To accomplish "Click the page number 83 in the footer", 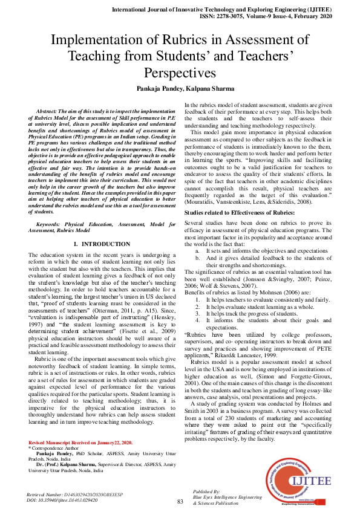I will click(180, 501).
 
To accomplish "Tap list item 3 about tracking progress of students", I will click(249, 313).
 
